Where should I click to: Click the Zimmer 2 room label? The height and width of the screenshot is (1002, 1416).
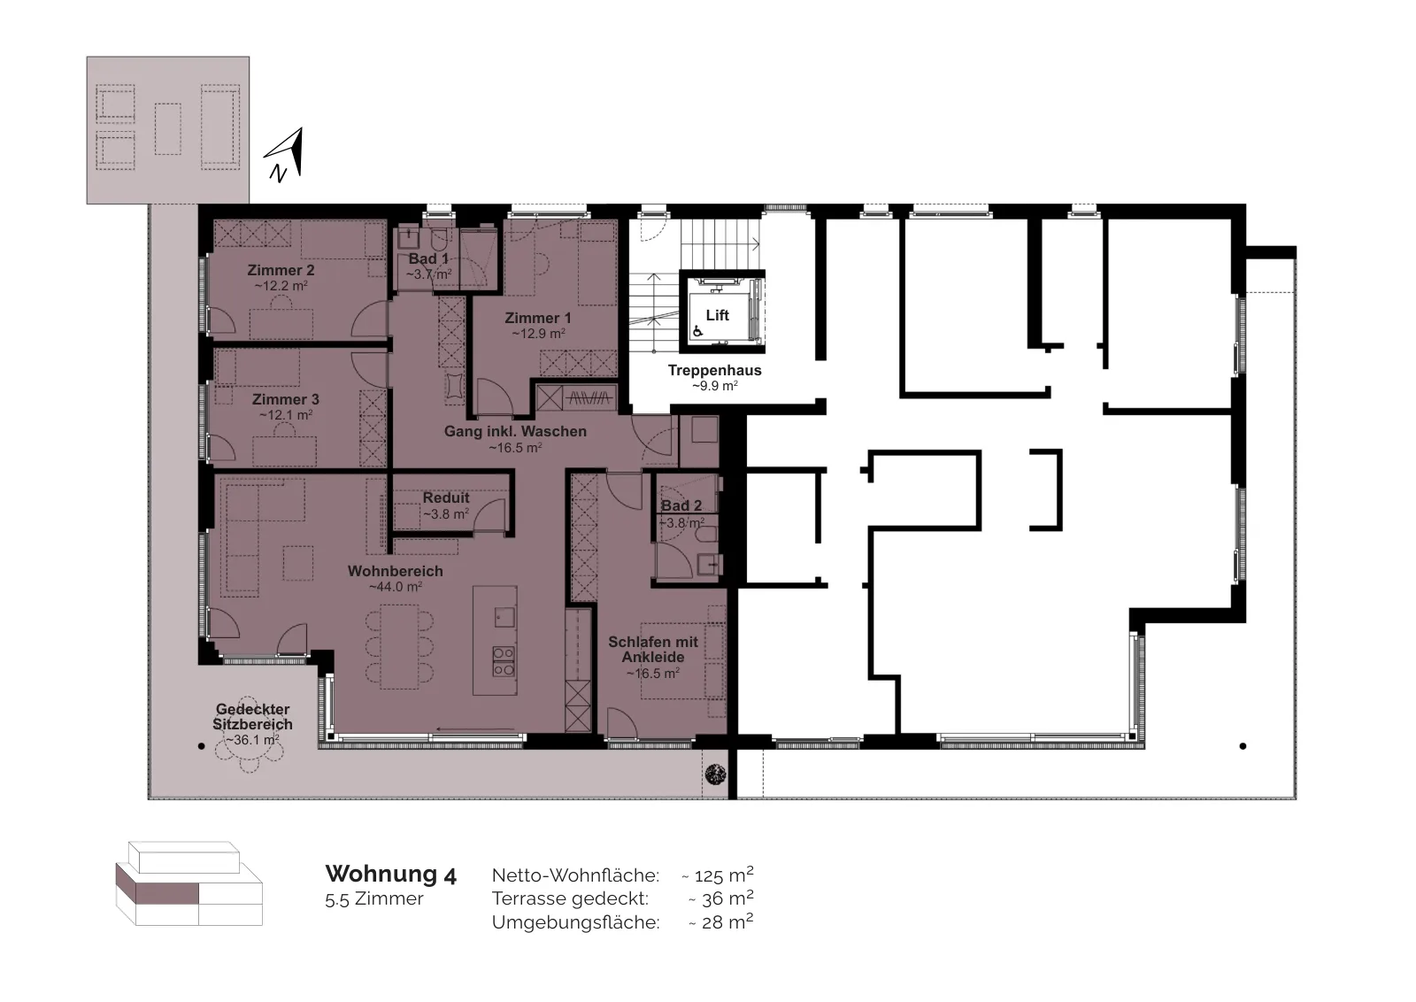(x=281, y=271)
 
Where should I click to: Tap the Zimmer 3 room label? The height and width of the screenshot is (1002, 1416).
(x=286, y=399)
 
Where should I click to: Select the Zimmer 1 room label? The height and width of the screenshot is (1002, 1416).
(x=538, y=318)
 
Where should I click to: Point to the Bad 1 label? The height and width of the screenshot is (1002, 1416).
(x=428, y=258)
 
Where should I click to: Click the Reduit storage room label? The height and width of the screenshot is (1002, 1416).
(x=446, y=498)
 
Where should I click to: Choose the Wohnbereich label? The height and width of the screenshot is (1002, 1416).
(x=395, y=571)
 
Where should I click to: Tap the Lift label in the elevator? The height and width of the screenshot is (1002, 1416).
(x=718, y=315)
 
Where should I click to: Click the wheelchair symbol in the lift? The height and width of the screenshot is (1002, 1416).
(x=698, y=330)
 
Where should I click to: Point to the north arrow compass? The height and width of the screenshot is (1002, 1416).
(x=285, y=154)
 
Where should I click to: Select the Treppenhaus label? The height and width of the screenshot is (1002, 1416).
(x=715, y=371)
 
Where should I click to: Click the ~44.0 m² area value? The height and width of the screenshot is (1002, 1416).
(x=395, y=587)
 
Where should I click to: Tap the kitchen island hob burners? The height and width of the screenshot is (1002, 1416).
(x=504, y=661)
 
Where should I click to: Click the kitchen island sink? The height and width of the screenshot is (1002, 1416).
(x=504, y=617)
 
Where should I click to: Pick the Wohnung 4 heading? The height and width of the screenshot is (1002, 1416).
(x=390, y=875)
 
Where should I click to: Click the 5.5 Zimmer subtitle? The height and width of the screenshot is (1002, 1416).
(x=374, y=899)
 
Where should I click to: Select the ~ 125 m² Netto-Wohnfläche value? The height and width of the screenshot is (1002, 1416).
(x=718, y=875)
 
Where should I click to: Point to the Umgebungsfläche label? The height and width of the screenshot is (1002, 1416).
(x=576, y=922)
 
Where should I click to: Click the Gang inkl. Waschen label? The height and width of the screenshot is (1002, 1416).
(x=515, y=431)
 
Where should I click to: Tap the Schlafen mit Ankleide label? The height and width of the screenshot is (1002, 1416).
(x=653, y=649)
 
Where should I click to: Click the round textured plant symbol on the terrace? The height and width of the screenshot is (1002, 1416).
(x=716, y=774)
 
